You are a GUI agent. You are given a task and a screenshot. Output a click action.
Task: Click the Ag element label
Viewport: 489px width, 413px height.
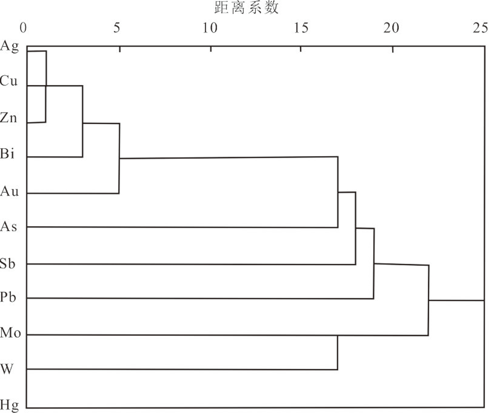click(x=10, y=46)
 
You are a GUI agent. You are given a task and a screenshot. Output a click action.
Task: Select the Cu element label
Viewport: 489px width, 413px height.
click(x=9, y=82)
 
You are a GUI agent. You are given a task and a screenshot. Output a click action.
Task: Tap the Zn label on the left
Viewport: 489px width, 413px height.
click(x=9, y=118)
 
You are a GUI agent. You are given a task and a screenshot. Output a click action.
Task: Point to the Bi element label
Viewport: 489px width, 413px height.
click(x=8, y=154)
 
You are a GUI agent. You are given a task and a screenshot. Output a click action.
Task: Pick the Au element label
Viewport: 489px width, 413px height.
click(x=10, y=191)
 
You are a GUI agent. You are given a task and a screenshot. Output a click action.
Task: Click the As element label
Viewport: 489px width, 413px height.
click(x=9, y=226)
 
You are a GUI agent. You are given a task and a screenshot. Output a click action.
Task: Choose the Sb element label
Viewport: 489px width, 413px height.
click(x=9, y=263)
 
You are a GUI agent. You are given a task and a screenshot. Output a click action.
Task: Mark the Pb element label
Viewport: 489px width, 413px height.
click(x=9, y=298)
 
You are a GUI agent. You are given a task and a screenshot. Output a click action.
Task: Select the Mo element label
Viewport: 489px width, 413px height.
click(x=10, y=333)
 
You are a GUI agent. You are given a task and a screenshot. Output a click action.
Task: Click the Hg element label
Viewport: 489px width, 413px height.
click(x=10, y=404)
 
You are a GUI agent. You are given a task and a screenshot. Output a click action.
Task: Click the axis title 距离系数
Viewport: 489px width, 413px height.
click(x=246, y=8)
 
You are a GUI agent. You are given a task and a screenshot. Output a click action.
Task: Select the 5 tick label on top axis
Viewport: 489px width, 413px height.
click(x=117, y=28)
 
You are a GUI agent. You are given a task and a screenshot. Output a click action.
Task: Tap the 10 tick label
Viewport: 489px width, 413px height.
click(x=210, y=28)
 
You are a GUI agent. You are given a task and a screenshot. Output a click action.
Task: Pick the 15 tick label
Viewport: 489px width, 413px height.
click(x=301, y=28)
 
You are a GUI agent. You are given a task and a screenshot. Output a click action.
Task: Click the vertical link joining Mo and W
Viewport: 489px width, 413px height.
click(x=338, y=352)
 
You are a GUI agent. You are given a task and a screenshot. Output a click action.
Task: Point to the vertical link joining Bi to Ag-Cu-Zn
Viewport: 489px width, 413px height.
click(x=82, y=121)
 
